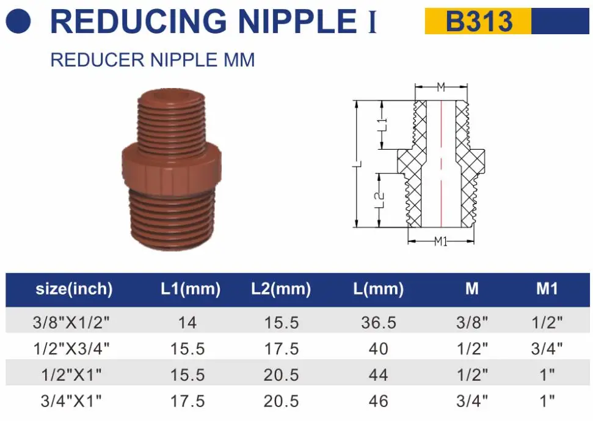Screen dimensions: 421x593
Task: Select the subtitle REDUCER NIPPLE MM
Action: pyautogui.click(x=152, y=60)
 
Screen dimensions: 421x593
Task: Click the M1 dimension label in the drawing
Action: pyautogui.click(x=441, y=242)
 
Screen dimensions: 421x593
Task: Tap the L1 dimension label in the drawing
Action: pyautogui.click(x=382, y=125)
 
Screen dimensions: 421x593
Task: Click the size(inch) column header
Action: pyautogui.click(x=74, y=289)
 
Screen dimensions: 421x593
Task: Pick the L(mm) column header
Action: pyautogui.click(x=379, y=289)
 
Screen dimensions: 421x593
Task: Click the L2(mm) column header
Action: pyautogui.click(x=281, y=289)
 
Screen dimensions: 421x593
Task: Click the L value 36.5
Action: pyautogui.click(x=379, y=322)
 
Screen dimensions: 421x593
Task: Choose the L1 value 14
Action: pyautogui.click(x=187, y=322)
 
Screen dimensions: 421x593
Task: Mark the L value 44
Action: pyautogui.click(x=379, y=375)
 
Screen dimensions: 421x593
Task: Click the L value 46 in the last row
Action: pyautogui.click(x=379, y=401)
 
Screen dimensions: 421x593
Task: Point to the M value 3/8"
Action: pyautogui.click(x=472, y=322)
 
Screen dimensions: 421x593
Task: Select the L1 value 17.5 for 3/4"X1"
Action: pyautogui.click(x=187, y=401)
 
